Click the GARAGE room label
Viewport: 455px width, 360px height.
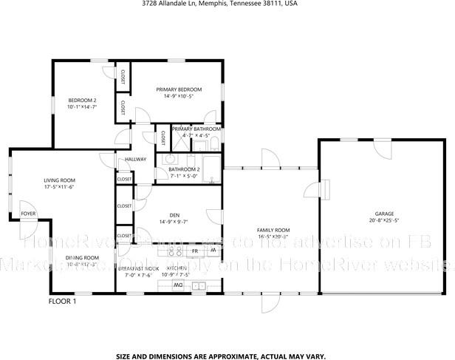(383, 213)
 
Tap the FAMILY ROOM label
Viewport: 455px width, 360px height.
(273, 230)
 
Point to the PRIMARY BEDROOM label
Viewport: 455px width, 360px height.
(179, 89)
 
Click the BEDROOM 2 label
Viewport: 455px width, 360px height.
(82, 100)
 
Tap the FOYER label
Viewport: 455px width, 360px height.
(28, 214)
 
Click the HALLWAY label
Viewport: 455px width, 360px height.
(135, 159)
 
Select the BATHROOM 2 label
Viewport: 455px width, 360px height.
(184, 169)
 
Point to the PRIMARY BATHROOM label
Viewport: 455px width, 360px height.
(196, 129)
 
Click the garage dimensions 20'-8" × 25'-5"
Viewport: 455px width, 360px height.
(383, 220)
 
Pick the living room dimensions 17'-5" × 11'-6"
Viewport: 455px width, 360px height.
(59, 186)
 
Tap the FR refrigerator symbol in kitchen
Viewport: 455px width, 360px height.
(196, 251)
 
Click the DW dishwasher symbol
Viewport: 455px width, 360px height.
(177, 285)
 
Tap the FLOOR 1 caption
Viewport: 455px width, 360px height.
(61, 302)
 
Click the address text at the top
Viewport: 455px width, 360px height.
(219, 4)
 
